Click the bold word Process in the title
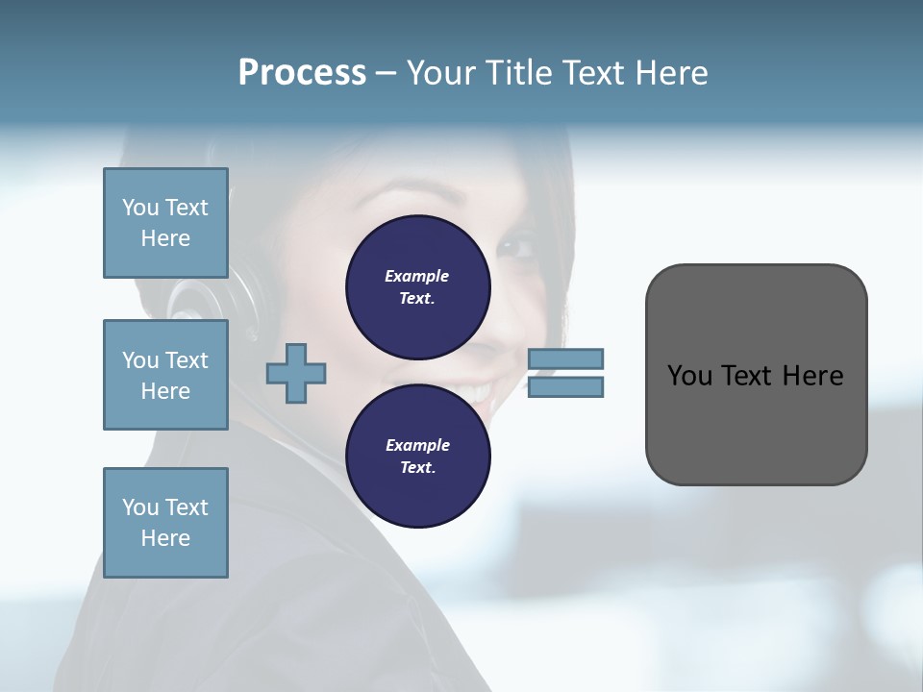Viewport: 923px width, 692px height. click(302, 73)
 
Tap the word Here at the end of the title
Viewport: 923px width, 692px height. click(671, 73)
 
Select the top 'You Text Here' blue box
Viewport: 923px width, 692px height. click(165, 223)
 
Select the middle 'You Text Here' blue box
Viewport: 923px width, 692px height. click(165, 375)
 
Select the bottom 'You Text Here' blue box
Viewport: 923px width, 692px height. click(165, 523)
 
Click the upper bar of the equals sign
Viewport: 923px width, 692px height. click(565, 359)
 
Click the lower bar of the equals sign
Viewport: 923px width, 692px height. click(565, 387)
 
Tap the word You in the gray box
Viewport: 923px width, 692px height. click(689, 376)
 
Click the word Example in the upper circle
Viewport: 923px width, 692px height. click(417, 276)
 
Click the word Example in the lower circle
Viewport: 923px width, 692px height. click(417, 445)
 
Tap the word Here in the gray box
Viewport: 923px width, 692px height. click(812, 376)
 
